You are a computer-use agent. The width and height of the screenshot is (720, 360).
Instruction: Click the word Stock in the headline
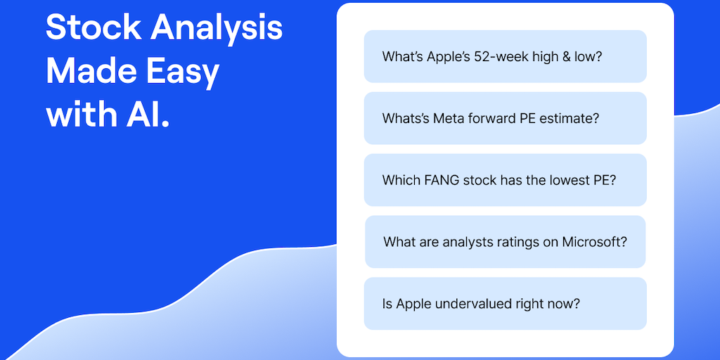94,27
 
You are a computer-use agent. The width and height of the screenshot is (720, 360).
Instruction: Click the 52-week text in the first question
494,56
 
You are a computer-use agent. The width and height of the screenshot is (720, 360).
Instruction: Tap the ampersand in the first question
568,56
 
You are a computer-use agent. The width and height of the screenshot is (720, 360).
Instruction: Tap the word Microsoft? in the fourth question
595,242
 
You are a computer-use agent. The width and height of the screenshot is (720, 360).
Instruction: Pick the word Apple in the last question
412,304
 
